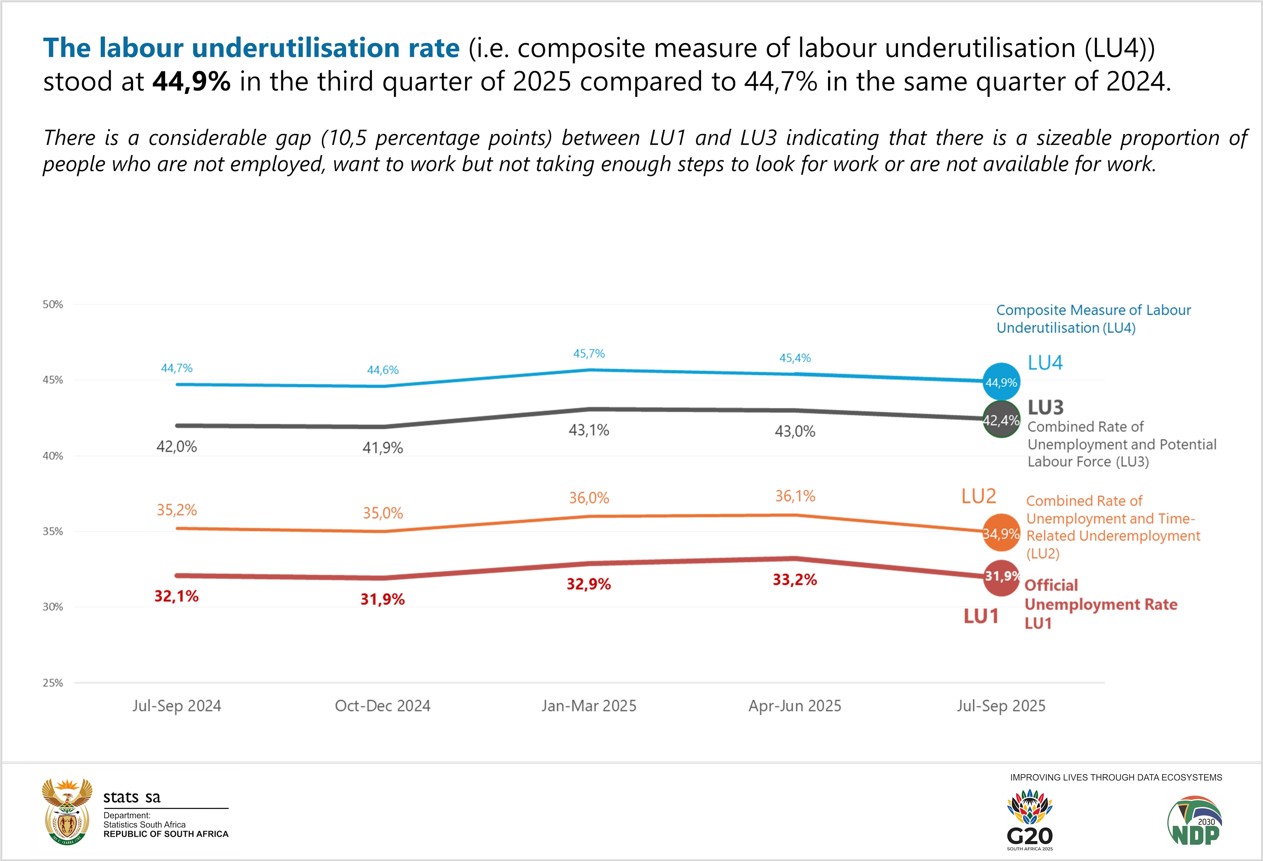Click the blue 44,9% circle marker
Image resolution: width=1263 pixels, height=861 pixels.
(1001, 382)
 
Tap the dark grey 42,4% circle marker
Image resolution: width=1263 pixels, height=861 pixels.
(1001, 420)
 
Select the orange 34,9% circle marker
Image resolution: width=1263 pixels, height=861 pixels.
(1001, 533)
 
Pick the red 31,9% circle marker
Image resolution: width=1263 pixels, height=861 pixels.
(1001, 577)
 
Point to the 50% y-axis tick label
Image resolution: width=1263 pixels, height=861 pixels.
(53, 304)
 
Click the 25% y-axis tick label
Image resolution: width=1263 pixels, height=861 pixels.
(53, 683)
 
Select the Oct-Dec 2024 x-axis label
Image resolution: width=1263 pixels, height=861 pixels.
(383, 706)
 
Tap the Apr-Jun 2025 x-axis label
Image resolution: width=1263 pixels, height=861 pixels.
(794, 706)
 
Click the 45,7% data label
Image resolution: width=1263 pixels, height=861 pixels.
(589, 353)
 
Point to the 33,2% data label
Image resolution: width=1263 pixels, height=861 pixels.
(794, 579)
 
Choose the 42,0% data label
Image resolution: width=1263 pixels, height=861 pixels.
(177, 446)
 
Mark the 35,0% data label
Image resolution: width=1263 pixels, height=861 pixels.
(383, 513)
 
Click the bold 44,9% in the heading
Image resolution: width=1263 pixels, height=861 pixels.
(191, 82)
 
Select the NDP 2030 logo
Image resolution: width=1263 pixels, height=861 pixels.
(1194, 821)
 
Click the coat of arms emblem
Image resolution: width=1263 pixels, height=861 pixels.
(67, 812)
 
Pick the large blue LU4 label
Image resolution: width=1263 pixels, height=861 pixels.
(1045, 363)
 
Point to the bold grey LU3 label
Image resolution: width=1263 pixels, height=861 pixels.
(1045, 407)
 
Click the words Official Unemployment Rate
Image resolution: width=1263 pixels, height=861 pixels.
(1100, 595)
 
